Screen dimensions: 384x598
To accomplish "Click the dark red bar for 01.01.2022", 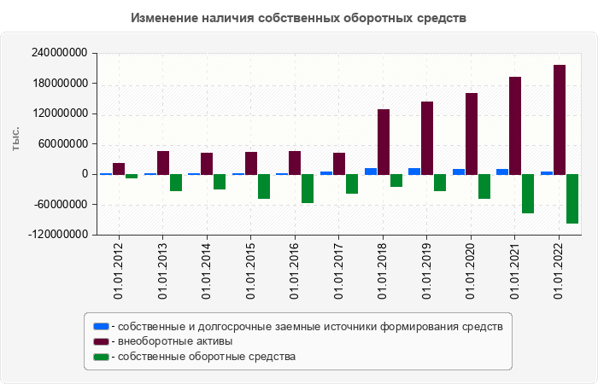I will (x=560, y=119).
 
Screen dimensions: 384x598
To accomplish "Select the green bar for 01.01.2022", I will (x=572, y=198).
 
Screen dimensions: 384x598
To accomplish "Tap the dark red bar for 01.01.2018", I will (x=384, y=142).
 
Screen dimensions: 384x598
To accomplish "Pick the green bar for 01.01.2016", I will (x=308, y=188).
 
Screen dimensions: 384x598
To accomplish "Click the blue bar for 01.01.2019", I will (x=414, y=171).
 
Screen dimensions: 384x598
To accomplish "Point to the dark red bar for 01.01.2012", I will (x=119, y=168).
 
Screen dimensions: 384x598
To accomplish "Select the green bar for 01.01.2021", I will (x=528, y=193).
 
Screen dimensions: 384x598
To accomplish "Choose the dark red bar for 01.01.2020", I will (x=472, y=133).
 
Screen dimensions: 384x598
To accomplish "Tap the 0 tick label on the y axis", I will (x=85, y=174).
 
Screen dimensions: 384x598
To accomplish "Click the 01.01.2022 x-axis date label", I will (x=560, y=271).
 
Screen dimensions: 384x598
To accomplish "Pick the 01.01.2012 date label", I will (x=119, y=271).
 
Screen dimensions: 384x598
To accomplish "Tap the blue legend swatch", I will (x=101, y=326).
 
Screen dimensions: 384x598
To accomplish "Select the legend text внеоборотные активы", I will (x=176, y=341).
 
